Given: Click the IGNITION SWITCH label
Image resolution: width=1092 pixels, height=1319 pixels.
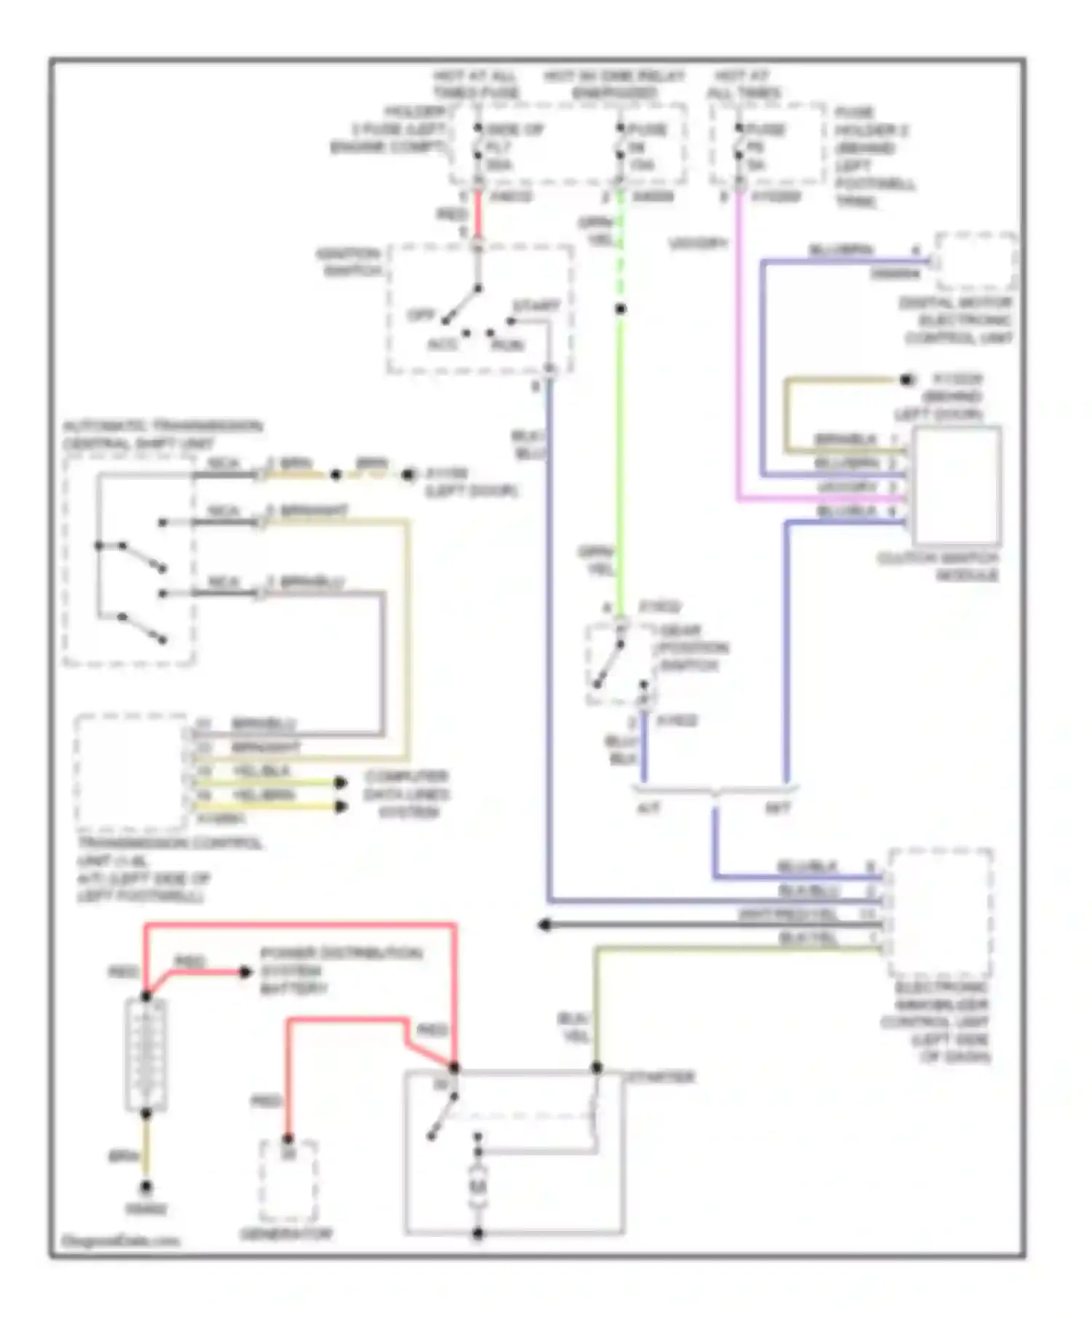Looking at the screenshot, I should [x=348, y=263].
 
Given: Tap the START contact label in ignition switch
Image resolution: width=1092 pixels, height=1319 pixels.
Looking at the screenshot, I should [x=536, y=306].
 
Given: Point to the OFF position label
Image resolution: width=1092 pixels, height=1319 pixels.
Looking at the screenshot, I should [x=421, y=316].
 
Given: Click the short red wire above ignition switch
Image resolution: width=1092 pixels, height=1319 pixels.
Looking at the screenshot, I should [x=478, y=215].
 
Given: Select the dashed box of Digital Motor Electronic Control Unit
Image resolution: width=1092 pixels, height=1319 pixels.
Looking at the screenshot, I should [x=976, y=262].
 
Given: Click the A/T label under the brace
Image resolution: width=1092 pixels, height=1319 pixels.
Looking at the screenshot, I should [x=648, y=808].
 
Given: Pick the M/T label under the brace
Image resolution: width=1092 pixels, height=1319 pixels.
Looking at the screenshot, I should [x=777, y=808].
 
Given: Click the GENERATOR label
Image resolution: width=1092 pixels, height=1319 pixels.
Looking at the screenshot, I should [x=286, y=1234].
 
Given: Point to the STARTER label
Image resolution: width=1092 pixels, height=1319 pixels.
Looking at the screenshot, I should [x=661, y=1077].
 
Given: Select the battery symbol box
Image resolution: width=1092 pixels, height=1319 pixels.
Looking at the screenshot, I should [x=146, y=1054].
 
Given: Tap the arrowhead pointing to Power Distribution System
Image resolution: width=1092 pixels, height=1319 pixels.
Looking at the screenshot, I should [x=246, y=972].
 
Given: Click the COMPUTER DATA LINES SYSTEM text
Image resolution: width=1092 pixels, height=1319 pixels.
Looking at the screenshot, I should [x=407, y=794].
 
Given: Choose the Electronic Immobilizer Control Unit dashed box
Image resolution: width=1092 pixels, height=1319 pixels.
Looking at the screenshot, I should [x=940, y=913].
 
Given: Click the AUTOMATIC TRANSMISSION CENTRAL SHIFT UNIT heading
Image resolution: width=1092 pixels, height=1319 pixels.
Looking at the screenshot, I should [x=162, y=434].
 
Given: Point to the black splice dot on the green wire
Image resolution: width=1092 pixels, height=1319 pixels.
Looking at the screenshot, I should [x=620, y=309].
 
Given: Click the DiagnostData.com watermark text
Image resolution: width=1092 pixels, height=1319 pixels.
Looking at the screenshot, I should [x=120, y=1241].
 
